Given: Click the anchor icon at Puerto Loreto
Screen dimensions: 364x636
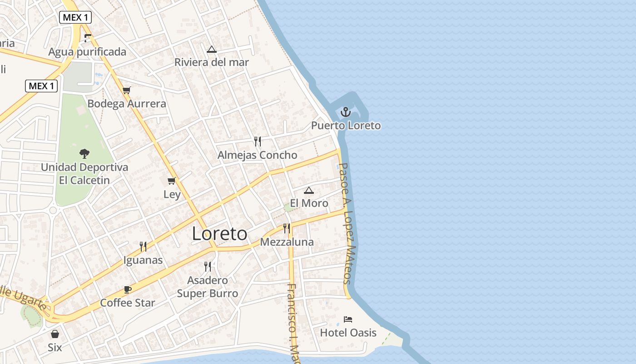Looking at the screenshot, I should tap(346, 111).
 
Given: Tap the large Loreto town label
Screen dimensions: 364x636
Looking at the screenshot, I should tap(219, 234).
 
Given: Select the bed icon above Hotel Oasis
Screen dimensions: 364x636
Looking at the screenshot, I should tap(348, 319).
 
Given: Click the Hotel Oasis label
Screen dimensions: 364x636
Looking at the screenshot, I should tap(348, 333).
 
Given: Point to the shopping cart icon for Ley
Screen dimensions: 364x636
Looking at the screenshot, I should tap(172, 181).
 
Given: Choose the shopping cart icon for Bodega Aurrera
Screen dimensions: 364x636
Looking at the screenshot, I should tap(127, 90).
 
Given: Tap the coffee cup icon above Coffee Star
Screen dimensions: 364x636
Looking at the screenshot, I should tap(128, 290).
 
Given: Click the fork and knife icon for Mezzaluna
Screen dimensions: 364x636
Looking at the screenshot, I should tap(287, 228).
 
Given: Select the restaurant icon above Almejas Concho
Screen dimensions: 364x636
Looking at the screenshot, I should tap(258, 142).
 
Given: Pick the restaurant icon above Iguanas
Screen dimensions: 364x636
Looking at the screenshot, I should tap(143, 247).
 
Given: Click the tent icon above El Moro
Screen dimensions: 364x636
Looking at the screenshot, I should tap(309, 190).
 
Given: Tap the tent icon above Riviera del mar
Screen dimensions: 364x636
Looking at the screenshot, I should tap(211, 49).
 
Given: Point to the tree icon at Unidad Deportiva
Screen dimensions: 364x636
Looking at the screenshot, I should tap(84, 154).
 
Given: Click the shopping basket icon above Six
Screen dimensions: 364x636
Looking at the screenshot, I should tap(55, 334).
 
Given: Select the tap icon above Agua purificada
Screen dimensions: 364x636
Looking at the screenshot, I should tap(88, 38).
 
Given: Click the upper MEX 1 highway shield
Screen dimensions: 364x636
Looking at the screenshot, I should tap(75, 18).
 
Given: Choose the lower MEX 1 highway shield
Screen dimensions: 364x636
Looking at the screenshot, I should tap(41, 86).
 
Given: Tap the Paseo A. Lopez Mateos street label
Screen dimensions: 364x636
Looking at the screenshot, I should tap(348, 223).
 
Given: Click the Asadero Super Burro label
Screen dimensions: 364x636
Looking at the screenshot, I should tap(208, 287).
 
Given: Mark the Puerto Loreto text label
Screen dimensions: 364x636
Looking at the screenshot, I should tap(346, 126).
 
